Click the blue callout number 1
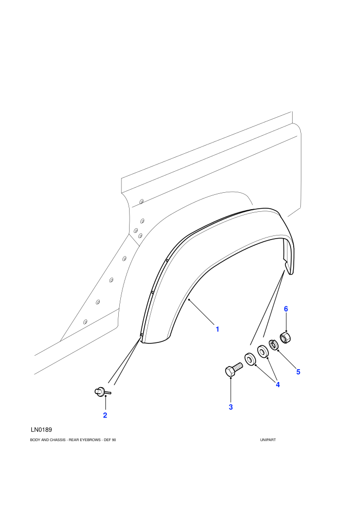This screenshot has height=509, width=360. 218,329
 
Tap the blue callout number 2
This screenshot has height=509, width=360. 105,415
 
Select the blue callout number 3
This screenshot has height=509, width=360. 231,407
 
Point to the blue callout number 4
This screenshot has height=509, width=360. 278,385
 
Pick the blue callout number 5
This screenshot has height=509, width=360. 298,372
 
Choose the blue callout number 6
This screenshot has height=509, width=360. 286,308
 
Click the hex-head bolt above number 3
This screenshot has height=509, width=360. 233,370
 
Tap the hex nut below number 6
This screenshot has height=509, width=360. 285,338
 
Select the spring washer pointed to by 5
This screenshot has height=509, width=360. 274,344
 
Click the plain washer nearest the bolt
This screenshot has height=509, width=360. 250,359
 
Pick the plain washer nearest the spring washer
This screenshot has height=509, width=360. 262,351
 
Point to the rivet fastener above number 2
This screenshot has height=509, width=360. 102,392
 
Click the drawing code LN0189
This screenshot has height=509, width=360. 41,430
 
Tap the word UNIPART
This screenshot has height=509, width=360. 268,440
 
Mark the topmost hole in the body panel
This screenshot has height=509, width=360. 141,202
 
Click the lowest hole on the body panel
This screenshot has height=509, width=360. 85,322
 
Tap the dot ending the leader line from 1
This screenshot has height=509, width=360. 189,300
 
